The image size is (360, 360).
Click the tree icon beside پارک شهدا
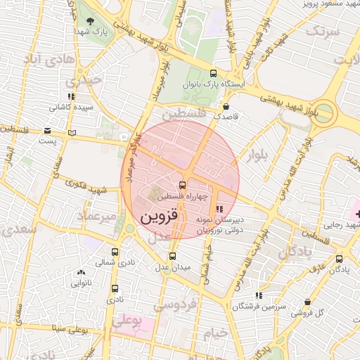point(89,20)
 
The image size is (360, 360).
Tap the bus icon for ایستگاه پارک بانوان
point(214,73)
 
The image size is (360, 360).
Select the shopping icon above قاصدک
point(225,106)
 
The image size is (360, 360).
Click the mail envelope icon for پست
point(47,131)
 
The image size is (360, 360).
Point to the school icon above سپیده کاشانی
point(70,96)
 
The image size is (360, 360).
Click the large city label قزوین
point(155,217)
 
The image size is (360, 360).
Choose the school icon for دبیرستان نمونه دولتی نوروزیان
point(220,209)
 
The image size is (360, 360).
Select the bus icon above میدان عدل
point(172,256)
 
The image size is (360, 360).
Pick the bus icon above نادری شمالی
point(115,252)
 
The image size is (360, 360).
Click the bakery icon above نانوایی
point(81,272)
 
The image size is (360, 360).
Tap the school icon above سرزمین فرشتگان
point(258,295)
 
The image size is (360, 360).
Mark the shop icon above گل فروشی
point(307,302)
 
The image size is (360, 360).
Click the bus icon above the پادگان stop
point(339,259)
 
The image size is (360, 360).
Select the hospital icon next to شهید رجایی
point(355,212)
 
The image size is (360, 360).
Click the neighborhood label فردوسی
point(176,304)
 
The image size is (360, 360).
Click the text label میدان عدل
point(173,268)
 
